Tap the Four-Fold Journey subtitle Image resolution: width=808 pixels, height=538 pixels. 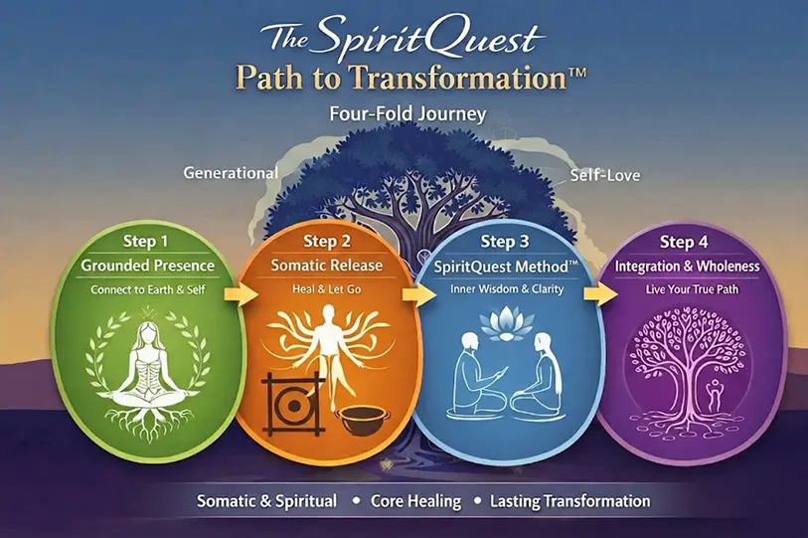coord(407,113)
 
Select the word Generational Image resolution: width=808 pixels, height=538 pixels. coord(231,172)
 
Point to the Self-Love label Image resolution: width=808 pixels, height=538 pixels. coord(605,176)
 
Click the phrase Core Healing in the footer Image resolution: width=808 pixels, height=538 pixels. coord(408,501)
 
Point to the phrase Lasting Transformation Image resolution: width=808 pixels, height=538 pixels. coord(569,501)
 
